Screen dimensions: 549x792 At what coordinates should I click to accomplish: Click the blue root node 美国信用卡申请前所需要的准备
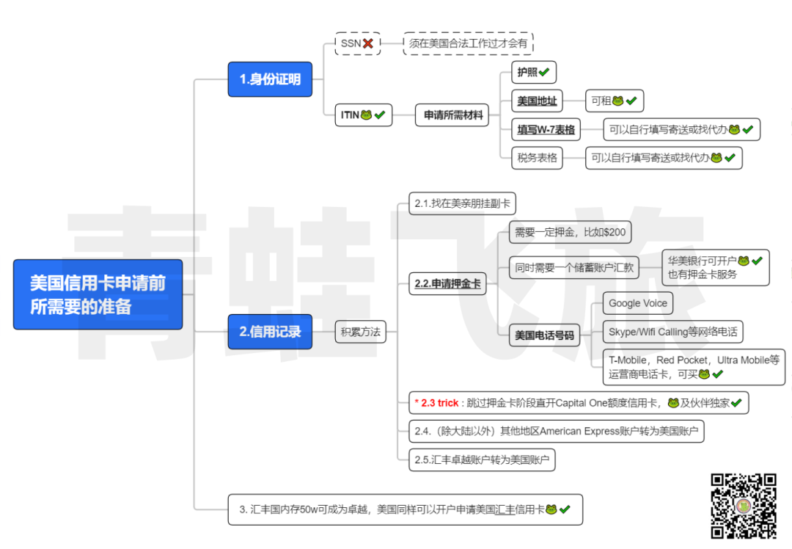pos(98,294)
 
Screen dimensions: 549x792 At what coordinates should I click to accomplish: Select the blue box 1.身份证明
pos(270,79)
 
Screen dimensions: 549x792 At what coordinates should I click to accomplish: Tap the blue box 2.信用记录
pos(270,332)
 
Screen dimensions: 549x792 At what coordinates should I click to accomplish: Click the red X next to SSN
pos(368,43)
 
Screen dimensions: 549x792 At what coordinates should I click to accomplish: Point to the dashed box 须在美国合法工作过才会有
pos(468,43)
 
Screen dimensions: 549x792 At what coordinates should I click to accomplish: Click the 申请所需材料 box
pos(452,115)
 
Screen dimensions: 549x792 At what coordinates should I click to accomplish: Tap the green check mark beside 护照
pos(545,72)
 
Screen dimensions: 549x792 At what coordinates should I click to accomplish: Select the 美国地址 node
pos(536,101)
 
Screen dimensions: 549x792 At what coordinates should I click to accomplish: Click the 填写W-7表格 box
pos(546,130)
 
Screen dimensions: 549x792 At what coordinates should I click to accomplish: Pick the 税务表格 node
pos(537,158)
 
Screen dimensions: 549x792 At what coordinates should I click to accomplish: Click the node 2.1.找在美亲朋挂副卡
pos(462,203)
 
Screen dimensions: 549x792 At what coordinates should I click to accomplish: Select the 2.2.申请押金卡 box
pos(447,283)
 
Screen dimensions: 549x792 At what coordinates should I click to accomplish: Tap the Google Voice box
pos(637,303)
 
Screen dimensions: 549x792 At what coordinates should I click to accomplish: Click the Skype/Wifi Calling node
pos(672,332)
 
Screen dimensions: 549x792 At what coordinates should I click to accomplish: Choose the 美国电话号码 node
pos(543,335)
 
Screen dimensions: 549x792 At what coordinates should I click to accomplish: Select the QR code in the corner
pos(743,506)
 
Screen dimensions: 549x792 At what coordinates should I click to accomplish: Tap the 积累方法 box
pos(360,332)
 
